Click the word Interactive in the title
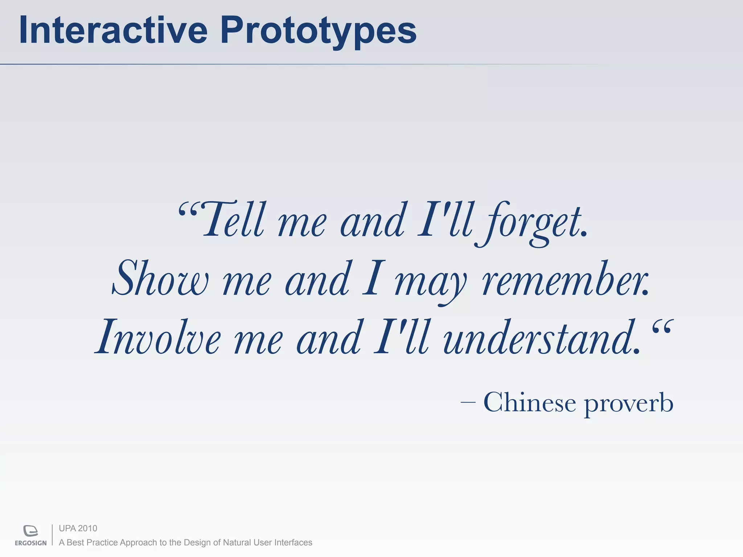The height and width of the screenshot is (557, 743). click(113, 30)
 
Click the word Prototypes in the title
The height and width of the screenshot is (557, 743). click(318, 32)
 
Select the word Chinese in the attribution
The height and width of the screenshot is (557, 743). click(529, 402)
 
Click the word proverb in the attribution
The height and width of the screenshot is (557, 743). click(628, 403)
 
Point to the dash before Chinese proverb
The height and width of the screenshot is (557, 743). click(468, 402)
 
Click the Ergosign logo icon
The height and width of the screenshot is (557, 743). click(31, 531)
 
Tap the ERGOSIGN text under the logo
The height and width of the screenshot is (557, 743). click(31, 543)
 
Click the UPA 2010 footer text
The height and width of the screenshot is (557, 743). click(78, 528)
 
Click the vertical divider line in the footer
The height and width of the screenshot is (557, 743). click(53, 535)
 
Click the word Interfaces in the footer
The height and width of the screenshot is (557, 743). click(293, 542)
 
